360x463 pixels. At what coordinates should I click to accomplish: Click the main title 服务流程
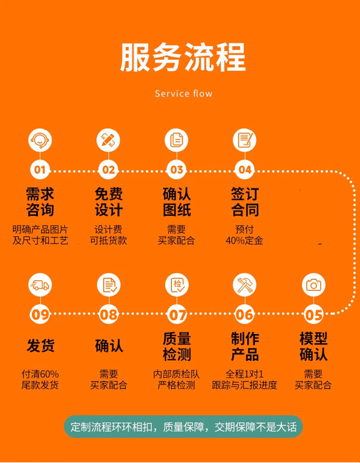(183, 57)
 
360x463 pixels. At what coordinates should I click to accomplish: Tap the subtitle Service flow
(184, 94)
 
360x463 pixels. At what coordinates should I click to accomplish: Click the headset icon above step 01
(40, 140)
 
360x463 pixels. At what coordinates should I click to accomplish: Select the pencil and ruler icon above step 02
(108, 140)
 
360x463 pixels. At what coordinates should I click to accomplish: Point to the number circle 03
(177, 170)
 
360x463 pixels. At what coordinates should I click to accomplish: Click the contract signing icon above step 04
(245, 140)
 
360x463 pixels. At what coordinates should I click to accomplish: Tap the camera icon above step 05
(314, 285)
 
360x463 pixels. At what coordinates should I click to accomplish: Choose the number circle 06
(245, 314)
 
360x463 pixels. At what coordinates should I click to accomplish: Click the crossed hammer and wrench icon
(245, 285)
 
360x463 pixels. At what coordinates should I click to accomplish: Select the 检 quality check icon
(177, 285)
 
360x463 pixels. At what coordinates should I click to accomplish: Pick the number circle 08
(108, 314)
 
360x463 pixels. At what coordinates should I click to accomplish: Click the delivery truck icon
(40, 285)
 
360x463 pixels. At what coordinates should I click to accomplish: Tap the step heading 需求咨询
(40, 202)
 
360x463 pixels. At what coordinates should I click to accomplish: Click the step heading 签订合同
(245, 202)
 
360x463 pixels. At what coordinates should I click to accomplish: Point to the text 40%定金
(244, 241)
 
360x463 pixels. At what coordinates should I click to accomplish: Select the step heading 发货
(41, 346)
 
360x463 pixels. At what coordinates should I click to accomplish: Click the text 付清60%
(40, 375)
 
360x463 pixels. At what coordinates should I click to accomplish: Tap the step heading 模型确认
(314, 347)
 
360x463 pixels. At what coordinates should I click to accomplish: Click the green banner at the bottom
(183, 427)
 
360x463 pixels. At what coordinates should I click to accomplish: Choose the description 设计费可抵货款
(108, 235)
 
